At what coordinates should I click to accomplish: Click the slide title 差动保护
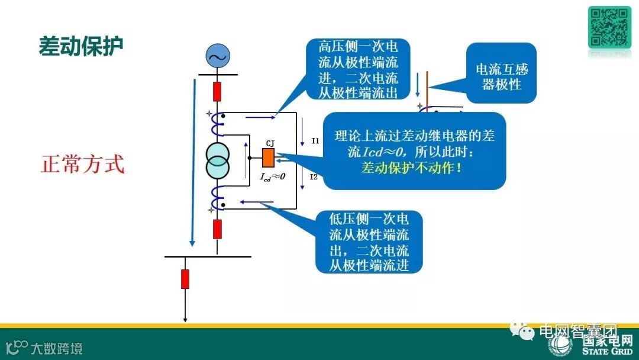(81, 46)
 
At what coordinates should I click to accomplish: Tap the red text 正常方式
(83, 163)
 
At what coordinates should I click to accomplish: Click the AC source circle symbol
(217, 56)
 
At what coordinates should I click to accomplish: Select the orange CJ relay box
(268, 157)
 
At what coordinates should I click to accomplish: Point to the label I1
(315, 142)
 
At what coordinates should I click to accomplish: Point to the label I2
(314, 177)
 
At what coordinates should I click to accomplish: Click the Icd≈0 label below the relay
(273, 176)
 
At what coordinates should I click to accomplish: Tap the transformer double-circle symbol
(218, 160)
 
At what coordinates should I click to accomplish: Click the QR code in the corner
(609, 27)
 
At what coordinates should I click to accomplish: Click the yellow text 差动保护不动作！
(412, 168)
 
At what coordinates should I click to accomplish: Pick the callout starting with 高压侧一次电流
(358, 69)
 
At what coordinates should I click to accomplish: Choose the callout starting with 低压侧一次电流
(369, 241)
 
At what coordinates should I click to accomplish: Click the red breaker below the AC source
(217, 92)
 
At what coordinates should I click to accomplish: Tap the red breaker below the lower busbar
(185, 278)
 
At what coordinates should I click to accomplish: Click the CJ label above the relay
(270, 143)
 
